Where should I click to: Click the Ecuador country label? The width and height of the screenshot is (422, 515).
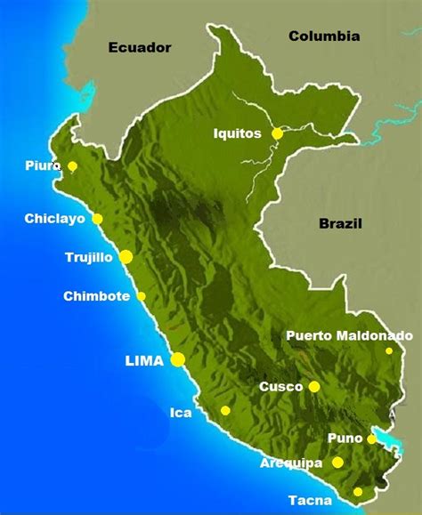tap(139, 48)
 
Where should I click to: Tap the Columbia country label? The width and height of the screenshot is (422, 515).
tap(324, 36)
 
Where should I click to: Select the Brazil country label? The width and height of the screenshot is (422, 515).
tap(343, 223)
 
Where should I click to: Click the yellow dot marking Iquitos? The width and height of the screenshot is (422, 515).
tap(278, 133)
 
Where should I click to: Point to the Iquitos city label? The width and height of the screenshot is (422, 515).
tap(238, 133)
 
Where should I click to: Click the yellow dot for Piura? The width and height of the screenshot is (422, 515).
tap(73, 166)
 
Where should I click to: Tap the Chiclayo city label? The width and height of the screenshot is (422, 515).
tap(55, 219)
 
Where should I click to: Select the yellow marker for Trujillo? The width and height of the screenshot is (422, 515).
tap(126, 257)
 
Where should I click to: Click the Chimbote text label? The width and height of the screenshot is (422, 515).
tap(97, 296)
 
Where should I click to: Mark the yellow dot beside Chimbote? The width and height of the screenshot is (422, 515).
tap(141, 296)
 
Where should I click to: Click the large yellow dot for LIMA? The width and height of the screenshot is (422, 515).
tap(178, 359)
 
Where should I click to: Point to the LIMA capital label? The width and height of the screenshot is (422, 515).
tap(144, 360)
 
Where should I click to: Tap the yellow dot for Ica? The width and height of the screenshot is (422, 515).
tap(225, 411)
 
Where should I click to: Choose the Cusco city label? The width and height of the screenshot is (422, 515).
tap(280, 387)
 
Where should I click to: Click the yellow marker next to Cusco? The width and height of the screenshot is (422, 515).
tap(314, 386)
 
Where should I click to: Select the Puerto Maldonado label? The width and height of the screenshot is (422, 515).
tap(349, 335)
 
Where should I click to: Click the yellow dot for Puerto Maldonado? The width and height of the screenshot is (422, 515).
tap(389, 351)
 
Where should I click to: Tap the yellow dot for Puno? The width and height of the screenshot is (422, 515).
tap(371, 439)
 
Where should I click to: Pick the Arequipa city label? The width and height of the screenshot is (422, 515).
tap(290, 463)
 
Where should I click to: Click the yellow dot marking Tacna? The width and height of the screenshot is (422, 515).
tap(358, 492)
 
